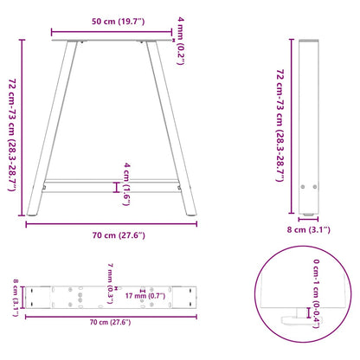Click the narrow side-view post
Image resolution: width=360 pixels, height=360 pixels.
[309, 130]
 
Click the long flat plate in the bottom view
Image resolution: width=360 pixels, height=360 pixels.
[112, 297]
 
